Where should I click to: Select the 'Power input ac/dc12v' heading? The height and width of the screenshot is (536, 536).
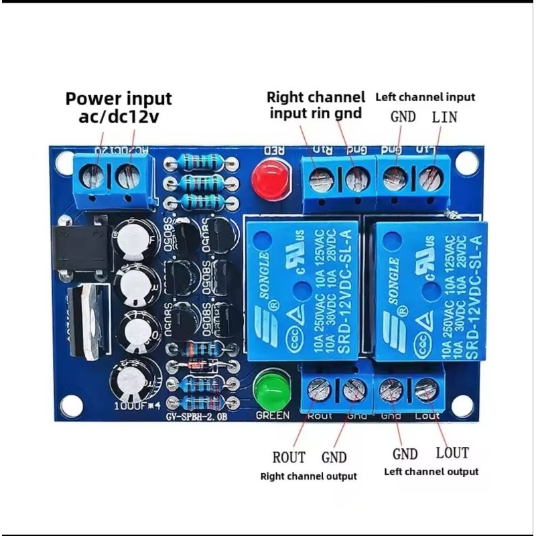[x=119, y=107]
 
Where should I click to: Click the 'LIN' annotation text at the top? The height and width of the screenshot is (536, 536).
[x=444, y=117]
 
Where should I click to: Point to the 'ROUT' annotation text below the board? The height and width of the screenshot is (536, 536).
[x=289, y=458]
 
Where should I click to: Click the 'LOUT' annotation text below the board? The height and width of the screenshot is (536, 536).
[x=452, y=452]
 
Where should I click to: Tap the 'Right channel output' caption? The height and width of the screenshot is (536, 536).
[x=309, y=476]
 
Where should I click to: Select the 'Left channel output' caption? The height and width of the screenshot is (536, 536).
[x=431, y=471]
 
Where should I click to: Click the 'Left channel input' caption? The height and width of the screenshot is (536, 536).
[x=425, y=97]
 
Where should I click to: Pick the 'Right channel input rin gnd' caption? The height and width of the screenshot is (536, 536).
[x=316, y=105]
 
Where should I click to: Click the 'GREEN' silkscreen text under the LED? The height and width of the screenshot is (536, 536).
[x=273, y=415]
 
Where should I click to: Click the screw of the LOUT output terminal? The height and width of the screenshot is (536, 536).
[x=425, y=390]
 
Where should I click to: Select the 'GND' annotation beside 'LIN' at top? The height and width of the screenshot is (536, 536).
[x=403, y=117]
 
